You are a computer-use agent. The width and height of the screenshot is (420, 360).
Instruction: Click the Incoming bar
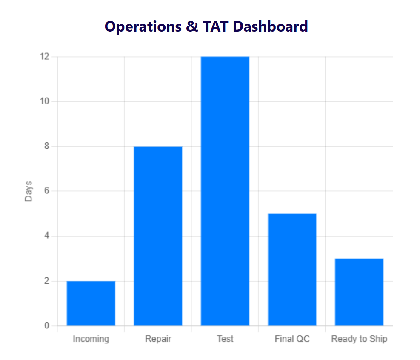(x=91, y=303)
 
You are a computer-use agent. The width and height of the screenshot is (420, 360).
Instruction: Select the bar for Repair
(x=158, y=236)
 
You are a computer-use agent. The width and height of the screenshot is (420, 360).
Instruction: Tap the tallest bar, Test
(x=225, y=191)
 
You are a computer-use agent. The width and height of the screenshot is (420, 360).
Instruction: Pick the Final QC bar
(x=292, y=270)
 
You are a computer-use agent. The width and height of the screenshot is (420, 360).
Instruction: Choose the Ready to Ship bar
(x=359, y=292)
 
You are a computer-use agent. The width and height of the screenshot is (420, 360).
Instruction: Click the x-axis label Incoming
(x=91, y=339)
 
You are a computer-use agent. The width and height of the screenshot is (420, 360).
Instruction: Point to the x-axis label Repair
(x=158, y=339)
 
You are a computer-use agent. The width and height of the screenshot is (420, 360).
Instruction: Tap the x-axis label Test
(x=225, y=339)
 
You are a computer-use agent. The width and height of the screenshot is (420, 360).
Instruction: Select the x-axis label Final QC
(x=292, y=339)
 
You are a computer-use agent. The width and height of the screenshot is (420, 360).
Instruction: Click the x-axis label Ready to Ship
(x=359, y=339)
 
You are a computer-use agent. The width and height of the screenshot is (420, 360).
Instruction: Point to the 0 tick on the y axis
(x=47, y=326)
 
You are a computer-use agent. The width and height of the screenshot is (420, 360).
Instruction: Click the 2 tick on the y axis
(x=47, y=281)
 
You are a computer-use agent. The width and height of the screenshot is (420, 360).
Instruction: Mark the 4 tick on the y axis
(x=47, y=236)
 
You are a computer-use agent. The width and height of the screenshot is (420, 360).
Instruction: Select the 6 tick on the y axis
(x=47, y=191)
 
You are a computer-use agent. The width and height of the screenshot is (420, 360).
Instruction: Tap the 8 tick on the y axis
(x=47, y=146)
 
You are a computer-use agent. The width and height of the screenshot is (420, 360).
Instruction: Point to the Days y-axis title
(x=29, y=191)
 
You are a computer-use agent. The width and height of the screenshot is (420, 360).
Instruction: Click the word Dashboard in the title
(x=270, y=26)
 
